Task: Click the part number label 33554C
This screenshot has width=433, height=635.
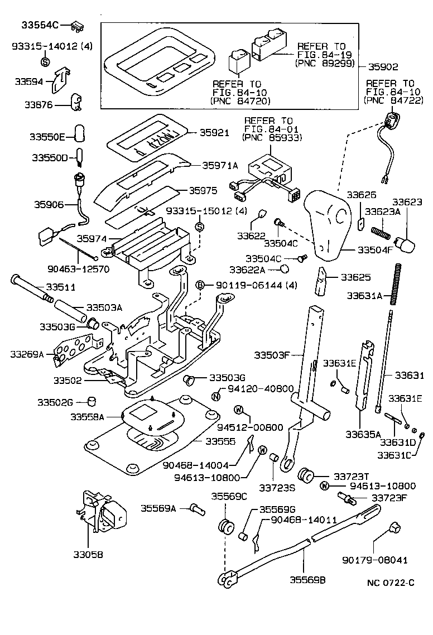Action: [39, 25]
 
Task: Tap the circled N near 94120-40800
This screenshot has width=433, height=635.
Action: [216, 397]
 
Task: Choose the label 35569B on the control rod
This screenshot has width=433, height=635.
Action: [307, 580]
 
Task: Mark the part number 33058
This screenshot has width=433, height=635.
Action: [88, 555]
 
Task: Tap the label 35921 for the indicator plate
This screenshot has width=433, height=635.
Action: [215, 133]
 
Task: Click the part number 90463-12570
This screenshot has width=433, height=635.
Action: [78, 268]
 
